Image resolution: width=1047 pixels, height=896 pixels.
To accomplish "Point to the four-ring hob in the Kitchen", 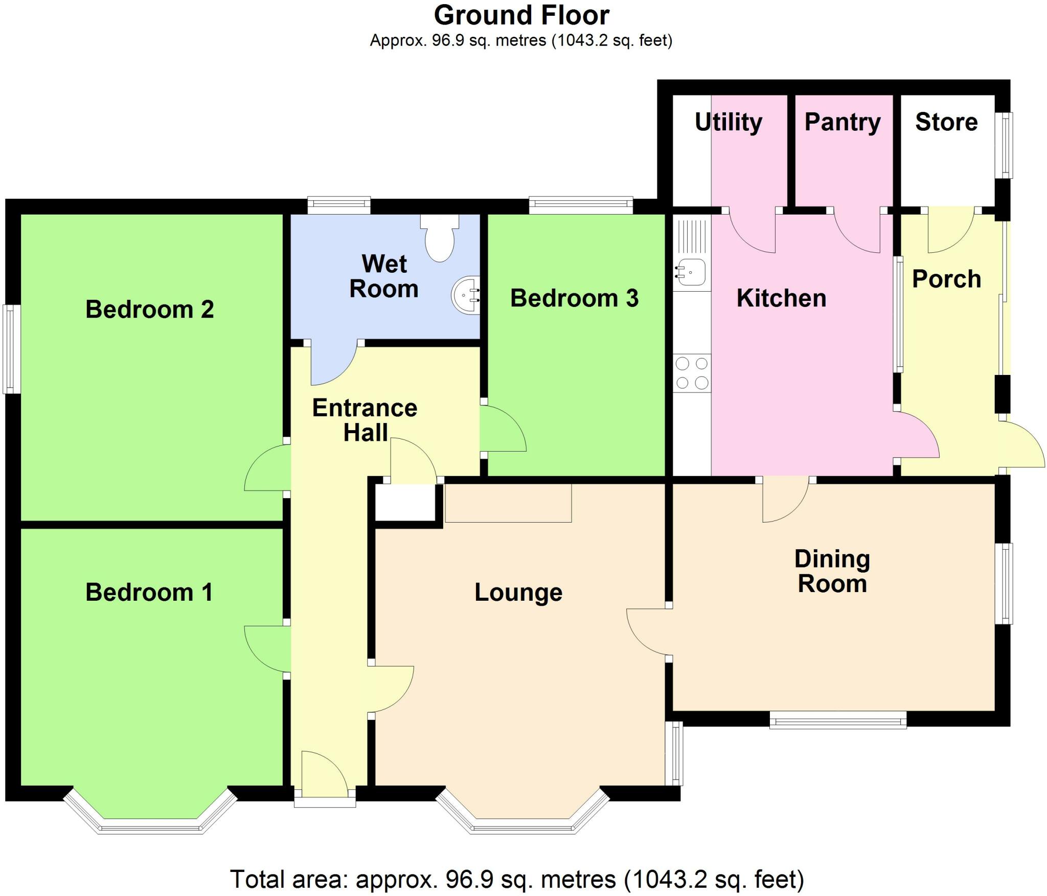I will (692, 373).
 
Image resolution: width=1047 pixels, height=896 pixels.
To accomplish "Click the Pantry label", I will (843, 122).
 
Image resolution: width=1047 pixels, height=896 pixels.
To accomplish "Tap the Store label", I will (946, 122).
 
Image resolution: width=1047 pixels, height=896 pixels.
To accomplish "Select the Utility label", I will (729, 122).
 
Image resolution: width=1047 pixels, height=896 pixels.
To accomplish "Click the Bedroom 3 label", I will (574, 298).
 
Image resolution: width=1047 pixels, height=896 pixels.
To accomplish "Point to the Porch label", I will (946, 279).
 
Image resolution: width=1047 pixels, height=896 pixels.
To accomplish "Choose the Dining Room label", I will (832, 571).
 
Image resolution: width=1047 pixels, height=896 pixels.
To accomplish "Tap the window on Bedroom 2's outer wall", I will (12, 349).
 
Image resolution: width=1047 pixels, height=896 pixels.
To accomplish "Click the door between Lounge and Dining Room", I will (648, 632).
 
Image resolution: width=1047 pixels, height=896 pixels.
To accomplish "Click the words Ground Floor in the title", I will (521, 15).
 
